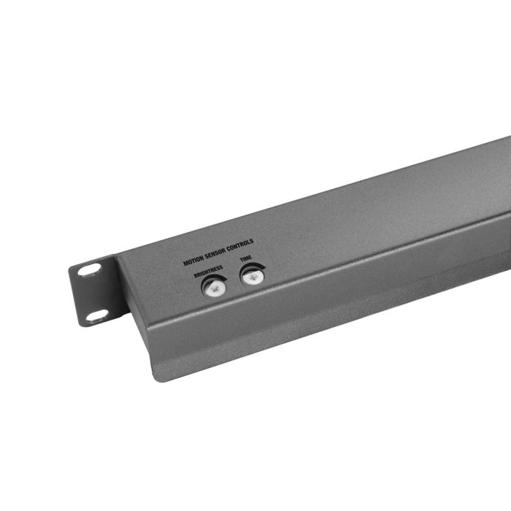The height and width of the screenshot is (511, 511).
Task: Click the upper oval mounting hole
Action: pyautogui.click(x=88, y=269)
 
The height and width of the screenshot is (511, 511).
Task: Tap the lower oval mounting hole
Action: pyautogui.click(x=96, y=315)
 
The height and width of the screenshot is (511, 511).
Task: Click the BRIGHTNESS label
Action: pyautogui.click(x=208, y=273)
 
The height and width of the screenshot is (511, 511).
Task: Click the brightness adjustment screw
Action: pyautogui.click(x=214, y=288)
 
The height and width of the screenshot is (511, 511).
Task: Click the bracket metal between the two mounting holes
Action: pyautogui.click(x=92, y=293)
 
